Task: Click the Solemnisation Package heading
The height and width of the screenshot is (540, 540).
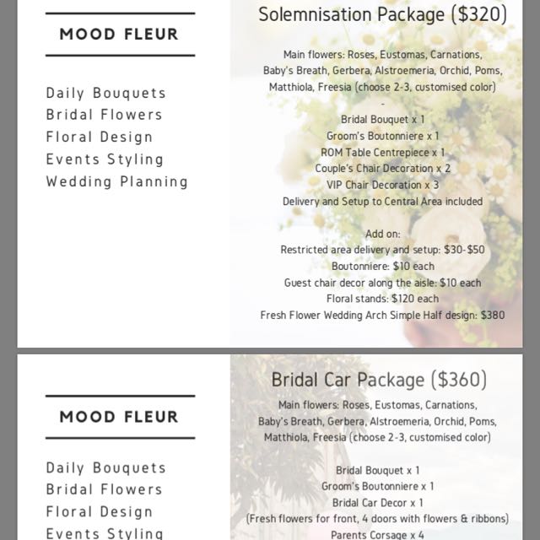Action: pos(354,14)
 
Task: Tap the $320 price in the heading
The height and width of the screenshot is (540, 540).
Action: pos(479,14)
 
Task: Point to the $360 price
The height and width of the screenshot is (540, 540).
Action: pos(459,380)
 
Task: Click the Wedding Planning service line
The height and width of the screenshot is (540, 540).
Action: pos(117,181)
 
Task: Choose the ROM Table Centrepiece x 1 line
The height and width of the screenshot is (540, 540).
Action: pos(382,152)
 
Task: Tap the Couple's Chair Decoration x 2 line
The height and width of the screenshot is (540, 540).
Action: pos(382,169)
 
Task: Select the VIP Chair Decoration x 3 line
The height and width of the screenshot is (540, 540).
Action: pos(382,185)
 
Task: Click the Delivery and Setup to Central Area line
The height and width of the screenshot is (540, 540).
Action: pos(382,202)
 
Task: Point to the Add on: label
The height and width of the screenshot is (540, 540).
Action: pos(382,234)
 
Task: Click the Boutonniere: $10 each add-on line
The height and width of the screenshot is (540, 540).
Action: pos(382,267)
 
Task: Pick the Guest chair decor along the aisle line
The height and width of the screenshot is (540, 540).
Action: pos(382,283)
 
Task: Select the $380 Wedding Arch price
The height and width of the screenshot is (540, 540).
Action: pos(492,316)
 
